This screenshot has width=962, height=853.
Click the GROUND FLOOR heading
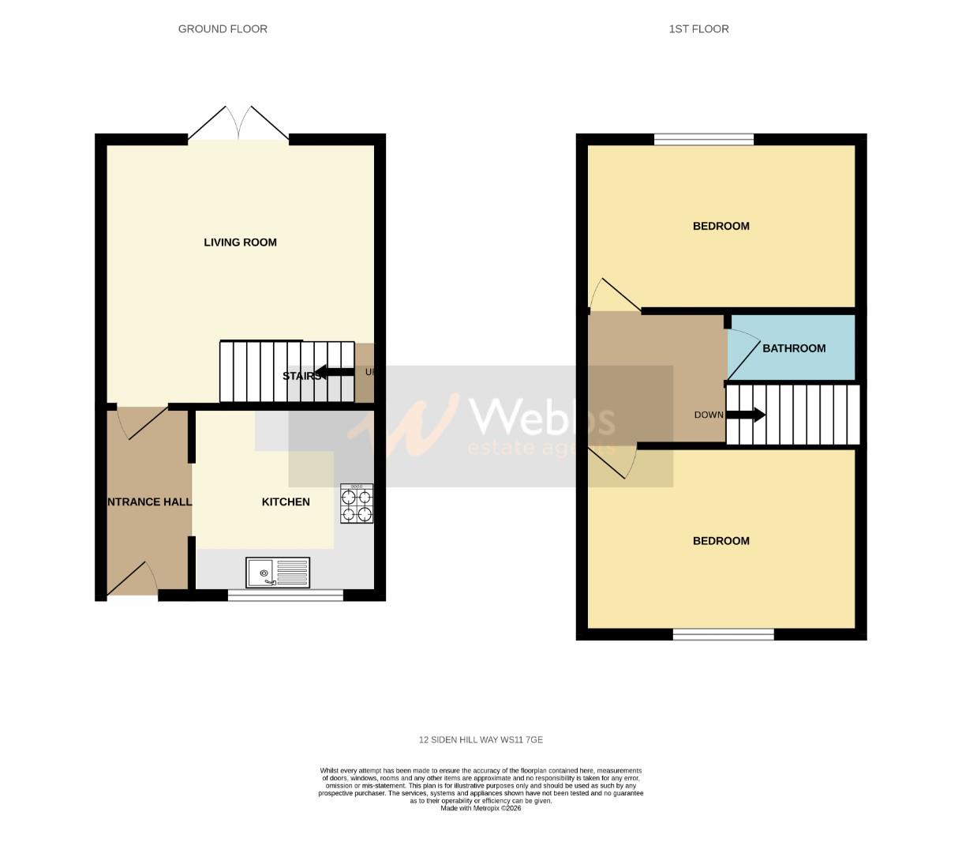click(x=223, y=29)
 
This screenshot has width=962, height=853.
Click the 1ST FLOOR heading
click(x=698, y=29)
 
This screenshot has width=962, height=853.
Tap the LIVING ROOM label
click(x=240, y=242)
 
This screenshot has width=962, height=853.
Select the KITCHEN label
click(x=286, y=502)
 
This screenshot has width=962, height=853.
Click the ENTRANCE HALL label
click(x=149, y=502)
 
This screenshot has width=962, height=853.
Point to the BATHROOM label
click(x=794, y=348)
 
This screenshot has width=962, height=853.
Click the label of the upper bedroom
click(x=721, y=227)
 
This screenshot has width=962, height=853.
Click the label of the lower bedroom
click(x=721, y=541)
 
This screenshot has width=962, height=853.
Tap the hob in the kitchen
click(x=357, y=505)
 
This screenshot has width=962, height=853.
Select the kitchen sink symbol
click(x=279, y=572)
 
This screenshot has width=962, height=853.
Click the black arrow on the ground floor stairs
click(x=335, y=374)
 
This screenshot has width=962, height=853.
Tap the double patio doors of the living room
click(x=239, y=123)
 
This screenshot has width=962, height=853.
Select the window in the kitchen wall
click(x=286, y=595)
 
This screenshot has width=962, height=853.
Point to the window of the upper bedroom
click(x=704, y=140)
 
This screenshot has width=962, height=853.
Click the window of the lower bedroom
click(x=724, y=634)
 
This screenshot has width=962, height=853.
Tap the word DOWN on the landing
click(x=709, y=415)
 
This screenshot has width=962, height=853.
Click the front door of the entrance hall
click(x=132, y=579)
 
